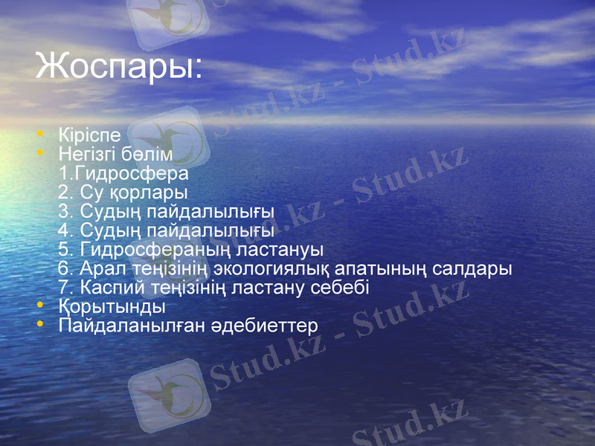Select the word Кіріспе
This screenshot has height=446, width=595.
coord(89,135)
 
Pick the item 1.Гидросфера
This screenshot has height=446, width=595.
coord(123,173)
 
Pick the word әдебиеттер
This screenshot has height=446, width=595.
coord(267,326)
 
